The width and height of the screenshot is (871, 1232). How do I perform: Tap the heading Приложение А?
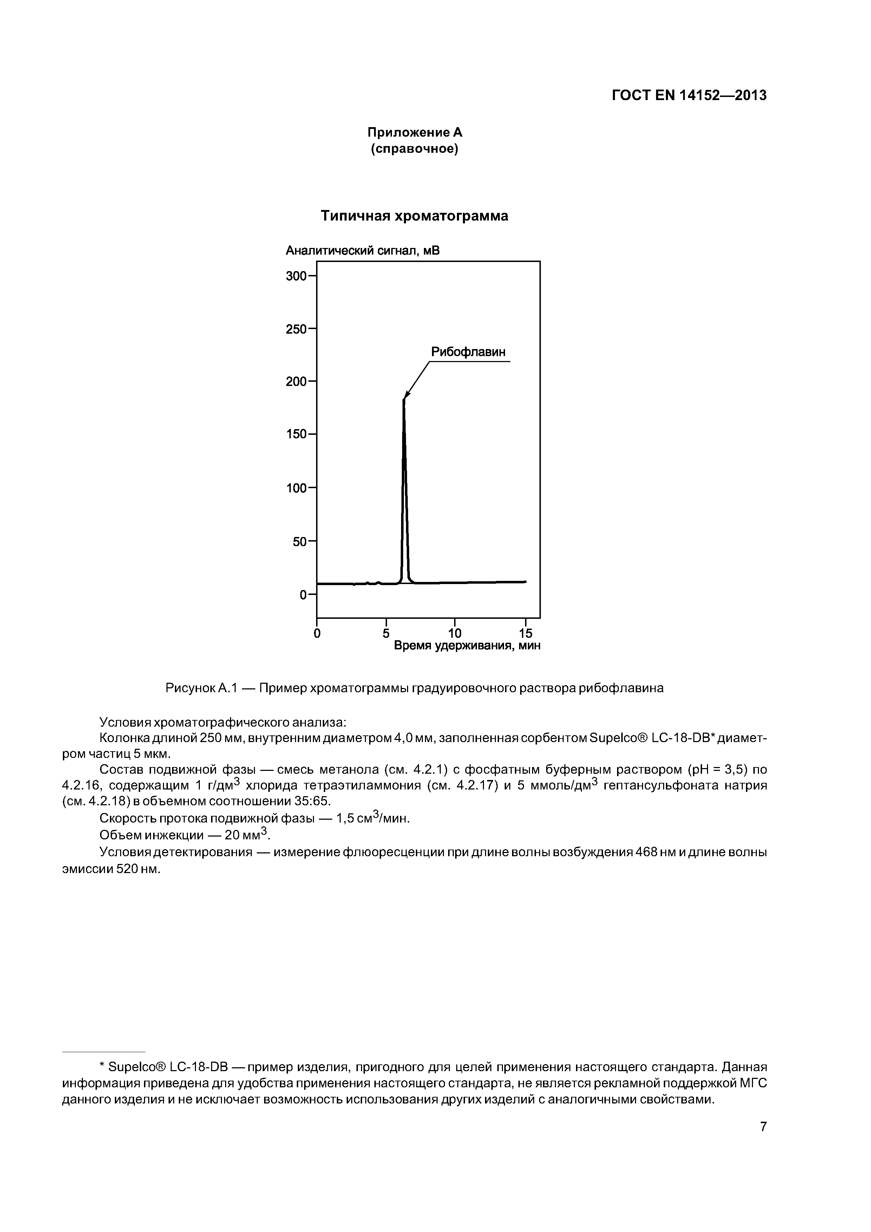[x=414, y=132]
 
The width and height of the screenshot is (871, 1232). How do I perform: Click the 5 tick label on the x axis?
[x=386, y=633]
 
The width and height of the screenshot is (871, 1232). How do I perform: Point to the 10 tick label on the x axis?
[x=454, y=633]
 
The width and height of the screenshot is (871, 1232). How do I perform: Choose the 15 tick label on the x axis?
[x=525, y=633]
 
